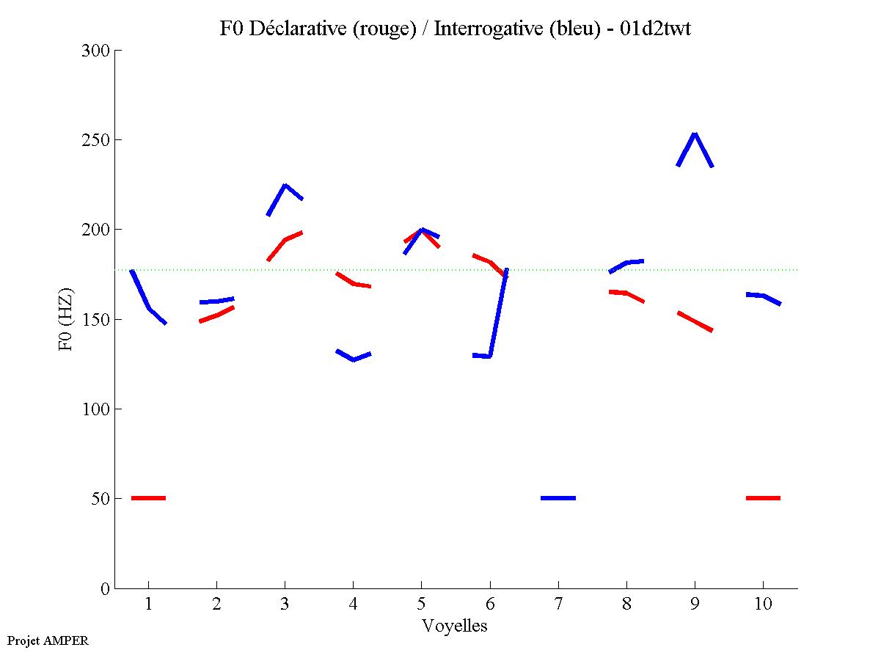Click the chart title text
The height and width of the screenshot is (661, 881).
455,29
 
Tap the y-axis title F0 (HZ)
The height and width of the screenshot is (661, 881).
66,319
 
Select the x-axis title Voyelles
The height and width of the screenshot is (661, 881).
455,626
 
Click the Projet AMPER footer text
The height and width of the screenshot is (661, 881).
48,640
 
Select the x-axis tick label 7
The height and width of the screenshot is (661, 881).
558,606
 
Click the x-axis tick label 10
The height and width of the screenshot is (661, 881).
763,606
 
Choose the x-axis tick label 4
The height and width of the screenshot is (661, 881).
353,606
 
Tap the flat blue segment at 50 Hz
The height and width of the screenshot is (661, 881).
558,498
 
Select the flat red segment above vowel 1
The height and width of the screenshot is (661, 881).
148,498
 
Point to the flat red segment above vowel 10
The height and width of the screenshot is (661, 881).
763,498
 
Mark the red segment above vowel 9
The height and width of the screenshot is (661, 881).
695,321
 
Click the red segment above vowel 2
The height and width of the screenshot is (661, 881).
216,315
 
